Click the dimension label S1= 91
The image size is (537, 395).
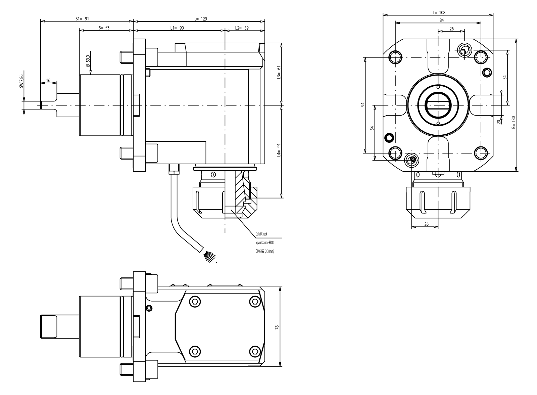coord(82,19)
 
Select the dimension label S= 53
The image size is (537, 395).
coord(104,28)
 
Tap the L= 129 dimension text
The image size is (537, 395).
coord(200,19)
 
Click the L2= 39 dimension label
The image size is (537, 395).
coord(242,28)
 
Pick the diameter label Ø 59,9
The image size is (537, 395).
coord(88,61)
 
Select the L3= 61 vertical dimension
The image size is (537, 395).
coord(278,72)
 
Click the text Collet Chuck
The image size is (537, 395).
coord(261,234)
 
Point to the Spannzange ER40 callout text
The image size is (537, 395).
coord(264,242)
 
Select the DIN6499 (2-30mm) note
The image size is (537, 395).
coord(264,251)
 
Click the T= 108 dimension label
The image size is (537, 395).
coord(439,12)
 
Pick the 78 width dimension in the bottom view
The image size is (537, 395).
coord(277,327)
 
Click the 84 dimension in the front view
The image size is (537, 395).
coord(442,20)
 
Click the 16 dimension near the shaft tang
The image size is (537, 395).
coord(48,80)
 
